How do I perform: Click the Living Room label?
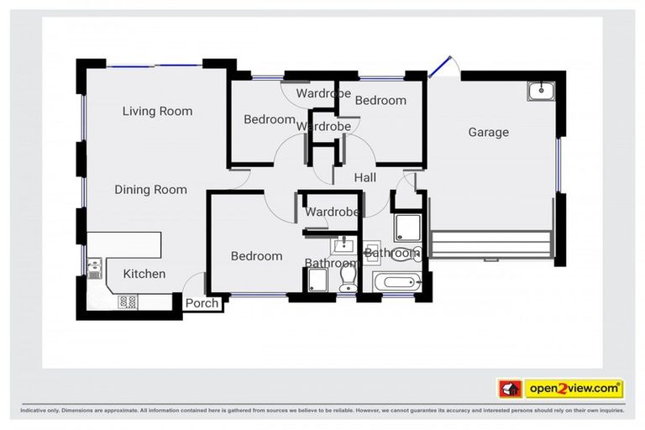pyautogui.click(x=157, y=111)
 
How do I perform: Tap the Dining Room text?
pyautogui.click(x=150, y=190)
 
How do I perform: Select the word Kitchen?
pyautogui.click(x=144, y=274)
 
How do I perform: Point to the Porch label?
pyautogui.click(x=202, y=303)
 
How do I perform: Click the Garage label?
pyautogui.click(x=488, y=132)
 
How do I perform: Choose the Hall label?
pyautogui.click(x=364, y=178)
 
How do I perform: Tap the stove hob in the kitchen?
pyautogui.click(x=128, y=301)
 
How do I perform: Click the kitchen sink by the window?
pyautogui.click(x=95, y=270)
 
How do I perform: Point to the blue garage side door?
pyautogui.click(x=438, y=68)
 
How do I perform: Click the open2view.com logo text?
pyautogui.click(x=574, y=389)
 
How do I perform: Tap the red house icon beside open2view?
pyautogui.click(x=510, y=389)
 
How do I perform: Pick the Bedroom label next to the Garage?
pyautogui.click(x=380, y=100)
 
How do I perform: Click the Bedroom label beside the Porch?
pyautogui.click(x=256, y=256)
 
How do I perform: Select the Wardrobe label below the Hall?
pyautogui.click(x=333, y=212)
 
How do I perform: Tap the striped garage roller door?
pyautogui.click(x=491, y=246)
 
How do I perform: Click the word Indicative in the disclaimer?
pyautogui.click(x=36, y=411)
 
